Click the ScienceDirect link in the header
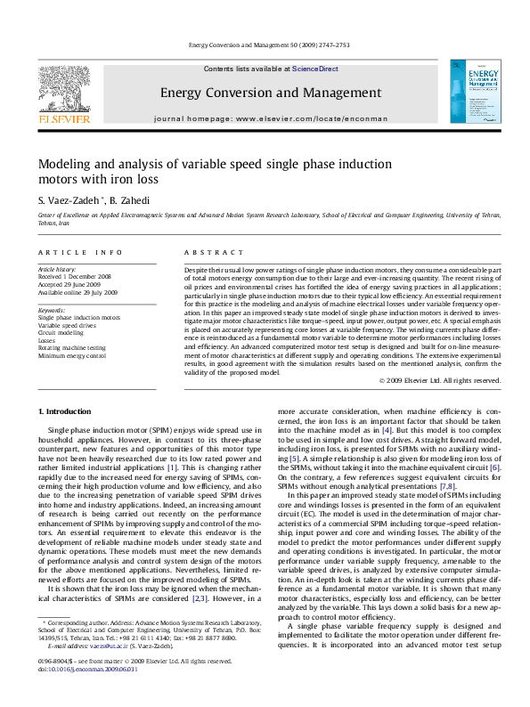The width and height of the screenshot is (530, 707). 315,69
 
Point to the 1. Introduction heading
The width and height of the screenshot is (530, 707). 68,411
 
